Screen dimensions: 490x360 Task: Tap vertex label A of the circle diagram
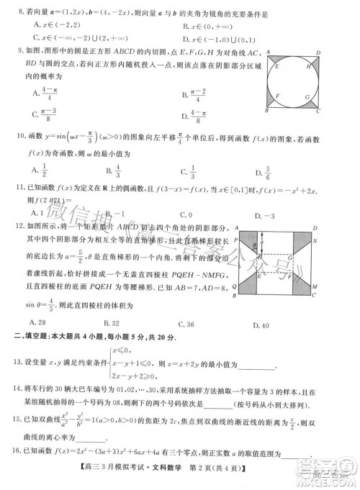269,53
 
